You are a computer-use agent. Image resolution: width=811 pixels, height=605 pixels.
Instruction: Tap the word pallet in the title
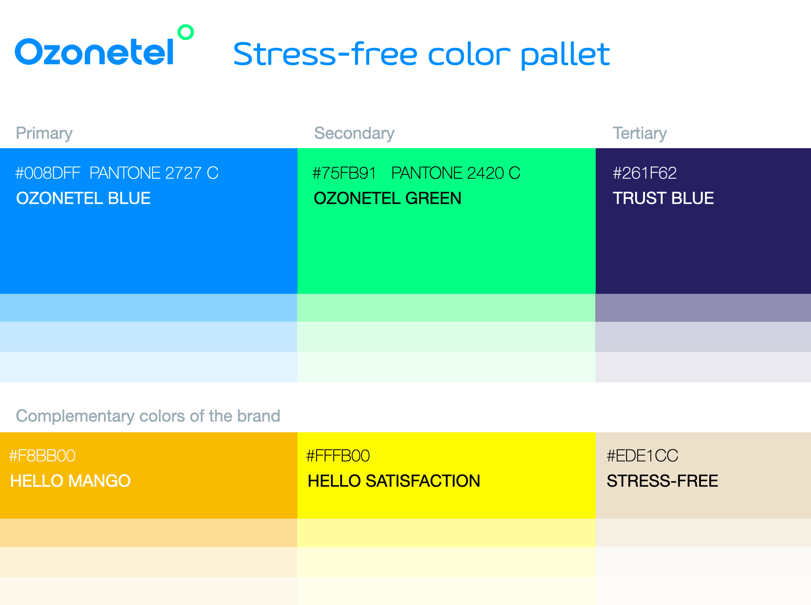point(565,55)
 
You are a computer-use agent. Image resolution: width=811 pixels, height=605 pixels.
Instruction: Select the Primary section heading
point(44,133)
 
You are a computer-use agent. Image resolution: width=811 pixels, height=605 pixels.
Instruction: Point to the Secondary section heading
point(354,133)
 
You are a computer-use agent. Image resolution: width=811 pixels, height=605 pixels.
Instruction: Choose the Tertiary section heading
point(640,133)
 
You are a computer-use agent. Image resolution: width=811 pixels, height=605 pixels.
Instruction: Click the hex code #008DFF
point(47,173)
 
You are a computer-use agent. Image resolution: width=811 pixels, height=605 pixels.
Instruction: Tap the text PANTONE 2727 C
point(154,173)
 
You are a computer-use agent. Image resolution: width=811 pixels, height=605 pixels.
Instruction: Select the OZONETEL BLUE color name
point(83,198)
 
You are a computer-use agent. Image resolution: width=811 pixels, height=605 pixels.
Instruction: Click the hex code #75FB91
point(344,173)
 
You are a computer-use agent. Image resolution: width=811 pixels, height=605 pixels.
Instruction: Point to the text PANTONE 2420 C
point(456,173)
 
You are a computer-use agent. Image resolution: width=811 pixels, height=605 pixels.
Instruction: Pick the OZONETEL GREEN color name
point(388,198)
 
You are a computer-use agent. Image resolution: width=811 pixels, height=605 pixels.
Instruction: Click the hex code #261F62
point(644,173)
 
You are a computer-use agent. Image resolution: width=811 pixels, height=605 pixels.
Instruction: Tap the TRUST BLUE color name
point(664,198)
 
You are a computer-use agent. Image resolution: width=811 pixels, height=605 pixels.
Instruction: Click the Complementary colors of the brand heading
point(148,416)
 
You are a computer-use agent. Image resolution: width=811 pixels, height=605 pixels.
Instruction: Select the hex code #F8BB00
point(42,456)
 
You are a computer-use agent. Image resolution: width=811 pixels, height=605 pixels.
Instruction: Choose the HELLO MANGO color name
point(70,481)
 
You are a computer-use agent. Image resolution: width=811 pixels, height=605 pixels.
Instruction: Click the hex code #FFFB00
point(338,456)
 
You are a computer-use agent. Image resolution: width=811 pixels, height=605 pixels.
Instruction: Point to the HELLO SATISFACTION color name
point(394,481)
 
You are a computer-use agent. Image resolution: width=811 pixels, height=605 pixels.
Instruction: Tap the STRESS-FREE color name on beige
point(662,481)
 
